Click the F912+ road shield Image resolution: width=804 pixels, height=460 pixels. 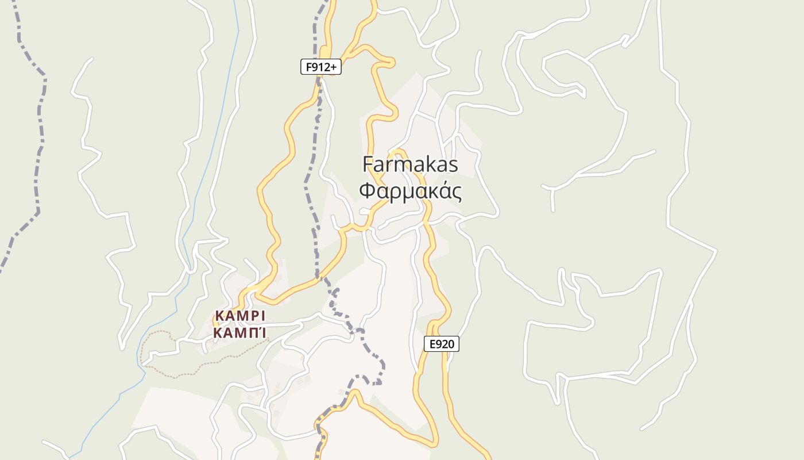320,67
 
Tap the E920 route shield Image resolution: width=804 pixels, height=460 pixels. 442,344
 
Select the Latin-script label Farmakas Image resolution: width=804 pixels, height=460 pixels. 410,164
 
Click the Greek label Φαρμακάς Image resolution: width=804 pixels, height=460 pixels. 410,191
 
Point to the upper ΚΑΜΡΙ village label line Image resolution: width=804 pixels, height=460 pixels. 240,316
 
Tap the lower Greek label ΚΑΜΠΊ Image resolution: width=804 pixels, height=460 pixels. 240,333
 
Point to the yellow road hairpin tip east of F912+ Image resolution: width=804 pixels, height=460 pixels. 392,62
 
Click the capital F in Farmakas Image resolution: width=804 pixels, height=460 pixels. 368,164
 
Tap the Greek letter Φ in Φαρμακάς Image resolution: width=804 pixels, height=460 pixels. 368,191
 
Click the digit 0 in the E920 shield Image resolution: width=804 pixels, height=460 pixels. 451,344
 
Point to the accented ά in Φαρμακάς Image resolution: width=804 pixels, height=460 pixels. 442,191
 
